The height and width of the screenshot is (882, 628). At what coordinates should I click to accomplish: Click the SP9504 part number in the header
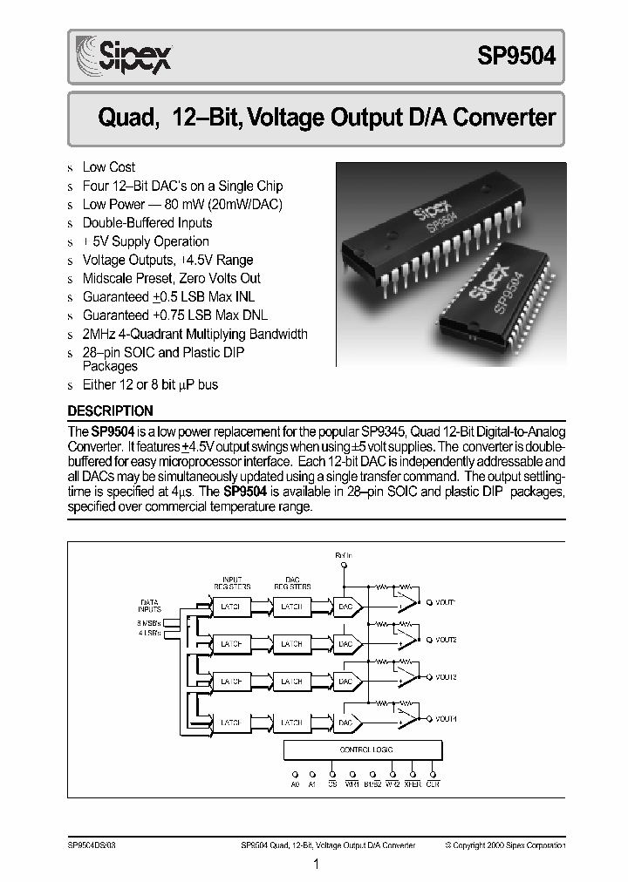pyautogui.click(x=515, y=57)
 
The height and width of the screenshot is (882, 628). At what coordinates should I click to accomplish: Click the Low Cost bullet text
pyautogui.click(x=108, y=166)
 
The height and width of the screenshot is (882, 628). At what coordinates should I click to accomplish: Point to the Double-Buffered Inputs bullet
pyautogui.click(x=146, y=222)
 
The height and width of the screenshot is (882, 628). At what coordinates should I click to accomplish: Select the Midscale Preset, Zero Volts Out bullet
pyautogui.click(x=171, y=278)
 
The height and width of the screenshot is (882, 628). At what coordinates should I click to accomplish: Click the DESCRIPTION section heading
pyautogui.click(x=110, y=411)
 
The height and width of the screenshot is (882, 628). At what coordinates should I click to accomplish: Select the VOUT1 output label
pyautogui.click(x=446, y=602)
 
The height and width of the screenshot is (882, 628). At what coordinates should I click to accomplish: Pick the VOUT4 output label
pyautogui.click(x=446, y=718)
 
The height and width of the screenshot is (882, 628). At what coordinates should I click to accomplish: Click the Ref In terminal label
pyautogui.click(x=344, y=554)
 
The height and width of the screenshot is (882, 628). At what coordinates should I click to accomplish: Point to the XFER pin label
pyautogui.click(x=413, y=784)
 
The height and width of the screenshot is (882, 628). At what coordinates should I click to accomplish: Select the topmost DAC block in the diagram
pyautogui.click(x=346, y=606)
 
